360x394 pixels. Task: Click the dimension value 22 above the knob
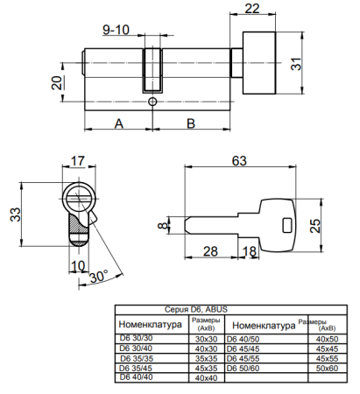(x=251, y=10)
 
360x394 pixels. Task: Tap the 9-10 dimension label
(x=115, y=30)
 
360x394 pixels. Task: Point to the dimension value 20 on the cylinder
(x=57, y=84)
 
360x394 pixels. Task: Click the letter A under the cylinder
(x=118, y=123)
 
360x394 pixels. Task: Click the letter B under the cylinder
(x=189, y=123)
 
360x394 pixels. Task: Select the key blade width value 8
(x=161, y=229)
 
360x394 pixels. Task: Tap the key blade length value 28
(x=210, y=253)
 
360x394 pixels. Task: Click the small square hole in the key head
(x=285, y=225)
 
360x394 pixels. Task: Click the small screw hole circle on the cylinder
(x=153, y=102)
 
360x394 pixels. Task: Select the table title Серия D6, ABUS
(x=195, y=310)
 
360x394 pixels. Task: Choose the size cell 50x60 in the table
(x=327, y=368)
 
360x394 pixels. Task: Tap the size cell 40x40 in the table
(x=207, y=377)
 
